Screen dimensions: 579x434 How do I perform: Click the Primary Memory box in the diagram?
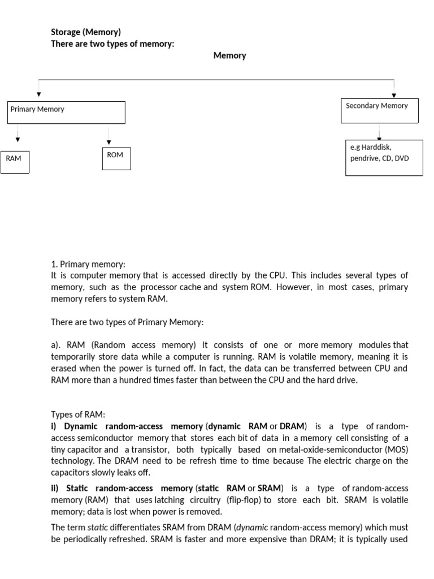66,112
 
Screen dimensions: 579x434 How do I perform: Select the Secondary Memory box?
379,110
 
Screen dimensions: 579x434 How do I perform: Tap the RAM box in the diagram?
15,162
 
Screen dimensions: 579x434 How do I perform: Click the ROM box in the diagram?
116,158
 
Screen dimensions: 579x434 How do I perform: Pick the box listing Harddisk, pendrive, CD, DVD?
384,158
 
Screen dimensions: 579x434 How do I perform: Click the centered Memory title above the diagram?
229,55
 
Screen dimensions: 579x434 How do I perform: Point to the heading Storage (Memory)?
86,32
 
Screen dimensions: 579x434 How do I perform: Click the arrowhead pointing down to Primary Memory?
38,94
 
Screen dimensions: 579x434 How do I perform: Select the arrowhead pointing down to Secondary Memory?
394,95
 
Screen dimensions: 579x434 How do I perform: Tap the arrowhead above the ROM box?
109,142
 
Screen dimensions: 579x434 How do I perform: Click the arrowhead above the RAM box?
18,140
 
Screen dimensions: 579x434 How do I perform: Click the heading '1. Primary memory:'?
88,264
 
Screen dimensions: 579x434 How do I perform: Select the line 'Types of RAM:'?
78,414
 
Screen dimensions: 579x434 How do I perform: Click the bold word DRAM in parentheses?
292,426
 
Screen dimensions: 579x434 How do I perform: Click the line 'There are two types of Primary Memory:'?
127,322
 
